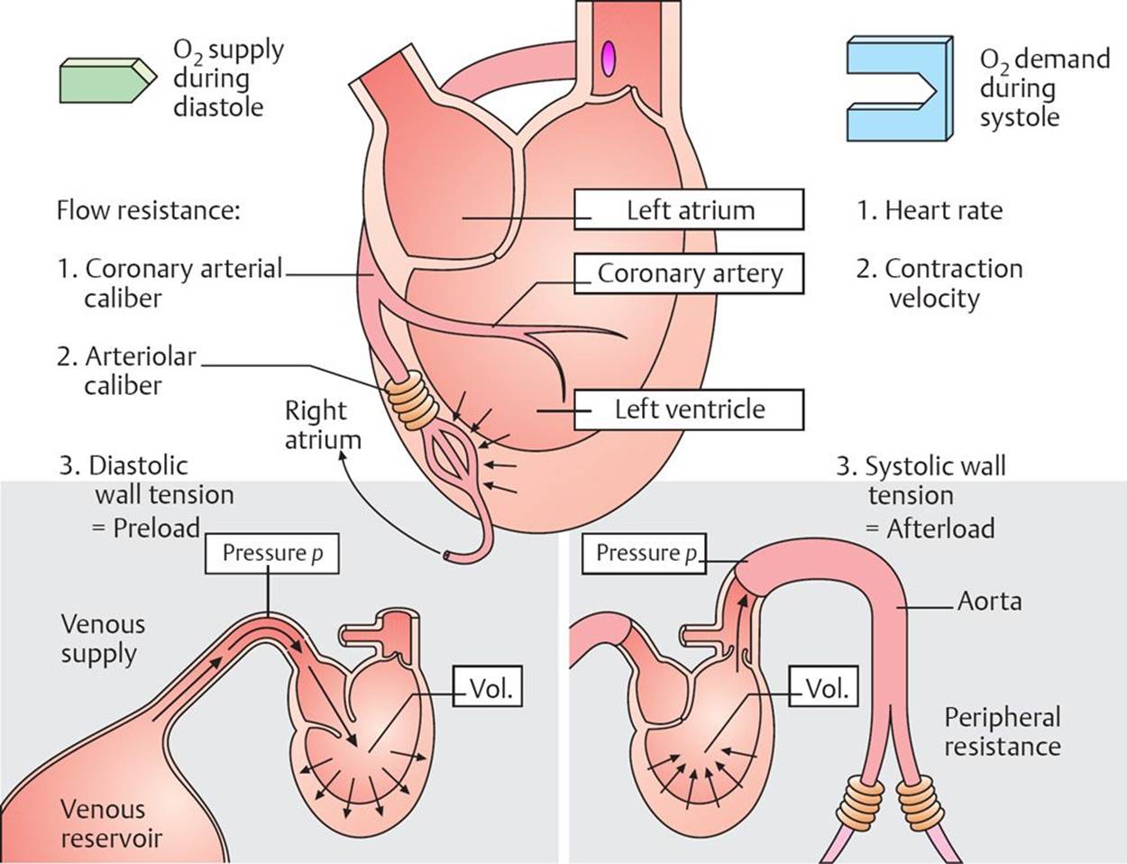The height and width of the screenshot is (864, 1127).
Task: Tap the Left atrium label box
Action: pos(690,210)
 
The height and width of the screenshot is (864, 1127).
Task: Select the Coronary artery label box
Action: pos(690,273)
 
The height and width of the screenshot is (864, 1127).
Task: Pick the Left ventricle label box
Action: pos(689,409)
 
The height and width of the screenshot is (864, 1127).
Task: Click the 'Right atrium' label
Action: pos(322,425)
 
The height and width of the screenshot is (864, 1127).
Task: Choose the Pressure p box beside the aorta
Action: pos(646,553)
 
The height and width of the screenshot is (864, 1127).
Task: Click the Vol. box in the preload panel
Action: pos(489,689)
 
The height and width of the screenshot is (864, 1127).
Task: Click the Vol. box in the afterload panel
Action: pos(825,689)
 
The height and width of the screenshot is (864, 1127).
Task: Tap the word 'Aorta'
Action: pos(989,601)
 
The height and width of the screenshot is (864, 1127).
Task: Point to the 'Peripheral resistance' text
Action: pos(1002,731)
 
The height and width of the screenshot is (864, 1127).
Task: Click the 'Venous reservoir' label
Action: pos(112,823)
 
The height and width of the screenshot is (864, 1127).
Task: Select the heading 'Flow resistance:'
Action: pos(149,210)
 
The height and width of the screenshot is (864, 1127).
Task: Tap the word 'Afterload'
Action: pos(940,528)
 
